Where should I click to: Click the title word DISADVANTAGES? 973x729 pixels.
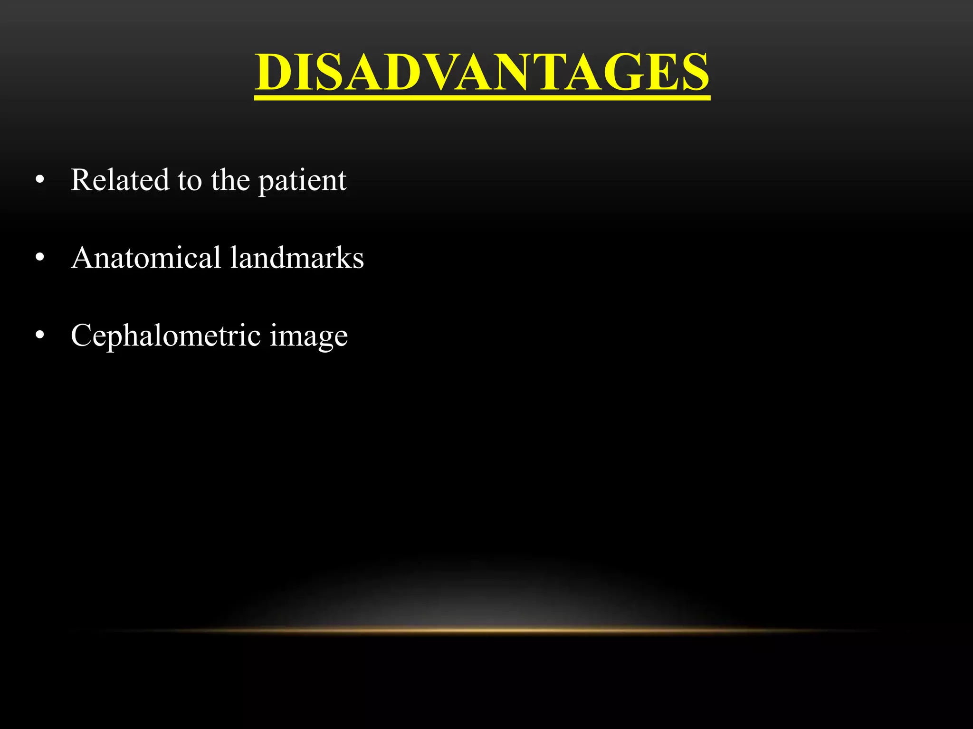(482, 72)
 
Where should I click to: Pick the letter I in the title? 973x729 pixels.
(302, 72)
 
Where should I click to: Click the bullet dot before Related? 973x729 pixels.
(40, 181)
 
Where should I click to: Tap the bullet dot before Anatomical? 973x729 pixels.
(40, 258)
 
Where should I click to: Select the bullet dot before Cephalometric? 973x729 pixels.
(40, 336)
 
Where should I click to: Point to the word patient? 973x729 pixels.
(302, 181)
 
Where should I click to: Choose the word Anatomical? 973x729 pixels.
(146, 258)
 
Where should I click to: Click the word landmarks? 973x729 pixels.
(297, 258)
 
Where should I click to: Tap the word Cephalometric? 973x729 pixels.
(166, 336)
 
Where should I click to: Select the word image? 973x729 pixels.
(309, 337)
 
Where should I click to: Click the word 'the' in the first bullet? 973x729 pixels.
(230, 180)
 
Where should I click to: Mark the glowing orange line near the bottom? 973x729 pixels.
(486, 630)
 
